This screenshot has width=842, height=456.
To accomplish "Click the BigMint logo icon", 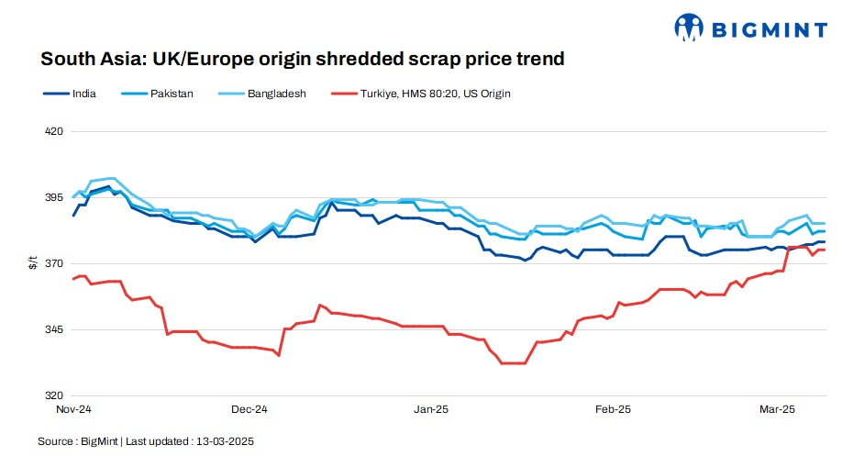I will point(689,28).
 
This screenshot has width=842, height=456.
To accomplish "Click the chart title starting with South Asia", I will point(302,60).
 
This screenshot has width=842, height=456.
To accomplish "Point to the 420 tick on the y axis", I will point(54,131).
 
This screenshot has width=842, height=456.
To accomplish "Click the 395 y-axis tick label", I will point(54,197).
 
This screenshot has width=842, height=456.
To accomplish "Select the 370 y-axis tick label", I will point(54,263).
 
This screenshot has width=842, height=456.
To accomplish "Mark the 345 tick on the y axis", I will point(54,329).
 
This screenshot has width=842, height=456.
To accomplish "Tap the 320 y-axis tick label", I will point(54,395).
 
